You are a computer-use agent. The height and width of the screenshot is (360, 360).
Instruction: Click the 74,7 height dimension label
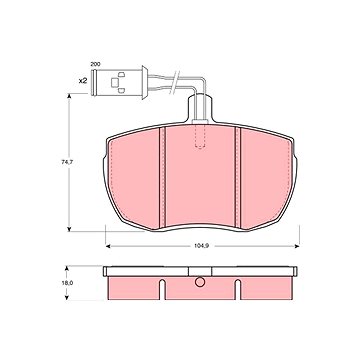[x=67, y=163]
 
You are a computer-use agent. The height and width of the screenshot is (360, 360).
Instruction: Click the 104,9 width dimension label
[x=201, y=246]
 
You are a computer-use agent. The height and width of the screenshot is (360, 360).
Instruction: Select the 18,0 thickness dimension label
[x=67, y=283]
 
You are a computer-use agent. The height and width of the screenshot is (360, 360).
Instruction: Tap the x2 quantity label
[x=82, y=81]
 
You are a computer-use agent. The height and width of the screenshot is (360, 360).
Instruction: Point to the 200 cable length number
[x=95, y=64]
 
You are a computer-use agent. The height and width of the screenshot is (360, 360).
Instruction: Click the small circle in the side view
[x=200, y=282]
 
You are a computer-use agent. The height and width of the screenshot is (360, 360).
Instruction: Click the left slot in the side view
[x=162, y=289]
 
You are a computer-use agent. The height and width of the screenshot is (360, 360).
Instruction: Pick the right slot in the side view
[x=238, y=289]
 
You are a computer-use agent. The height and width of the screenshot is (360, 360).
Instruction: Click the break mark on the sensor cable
[x=174, y=81]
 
